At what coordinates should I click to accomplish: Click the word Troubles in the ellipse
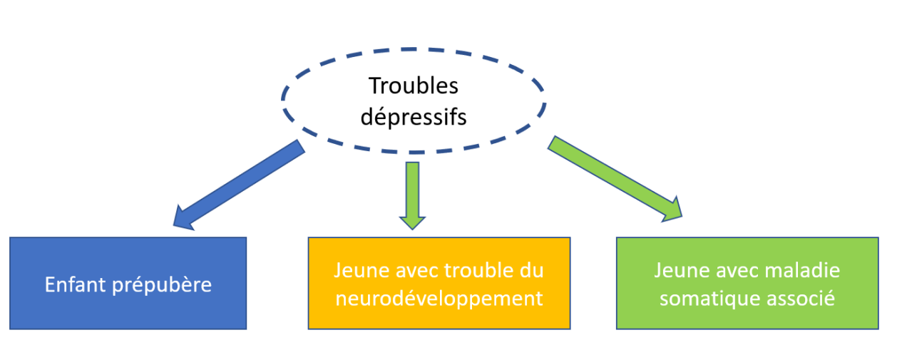(x=414, y=86)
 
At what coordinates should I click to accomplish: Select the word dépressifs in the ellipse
(x=414, y=118)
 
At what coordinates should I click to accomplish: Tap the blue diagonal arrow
(x=239, y=185)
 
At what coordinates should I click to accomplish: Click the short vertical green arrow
(x=412, y=195)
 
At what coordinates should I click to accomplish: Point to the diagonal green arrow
(x=615, y=180)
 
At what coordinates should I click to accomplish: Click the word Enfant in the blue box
(x=76, y=284)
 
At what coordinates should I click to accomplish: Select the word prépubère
(x=162, y=285)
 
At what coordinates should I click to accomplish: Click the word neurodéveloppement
(x=439, y=299)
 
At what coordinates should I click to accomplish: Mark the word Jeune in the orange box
(x=362, y=270)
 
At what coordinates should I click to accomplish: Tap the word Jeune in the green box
(x=682, y=270)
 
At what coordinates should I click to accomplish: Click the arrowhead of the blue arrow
(x=184, y=219)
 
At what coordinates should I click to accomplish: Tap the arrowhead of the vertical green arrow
(x=412, y=223)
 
